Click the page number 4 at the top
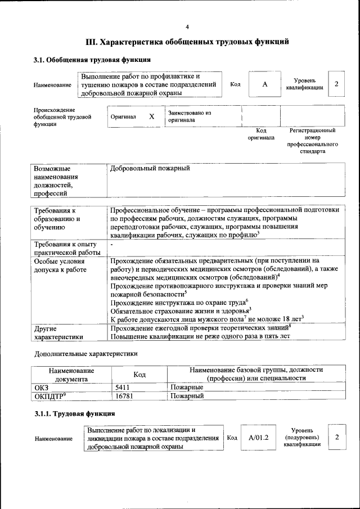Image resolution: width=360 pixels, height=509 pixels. tap(187, 27)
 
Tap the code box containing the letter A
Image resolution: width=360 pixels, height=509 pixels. tap(264, 84)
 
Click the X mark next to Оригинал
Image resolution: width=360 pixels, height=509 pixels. tap(151, 116)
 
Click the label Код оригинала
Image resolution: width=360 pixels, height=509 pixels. tap(260, 134)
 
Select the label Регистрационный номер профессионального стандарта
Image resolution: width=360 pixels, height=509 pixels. tap(312, 141)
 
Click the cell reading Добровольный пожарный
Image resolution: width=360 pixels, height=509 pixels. tap(150, 168)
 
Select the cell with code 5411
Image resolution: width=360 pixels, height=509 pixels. tap(122, 388)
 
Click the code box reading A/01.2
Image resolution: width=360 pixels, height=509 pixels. tap(259, 438)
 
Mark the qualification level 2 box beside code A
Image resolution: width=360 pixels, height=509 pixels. tap(336, 84)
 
